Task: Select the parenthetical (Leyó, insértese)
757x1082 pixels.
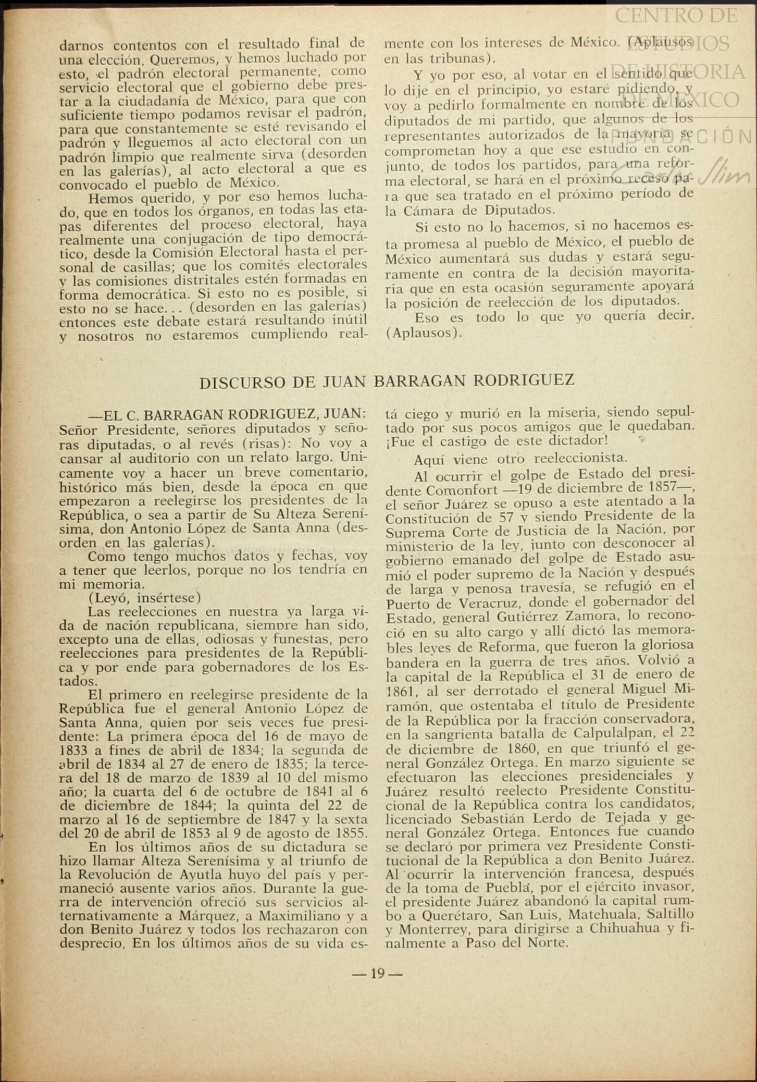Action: pos(144,597)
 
